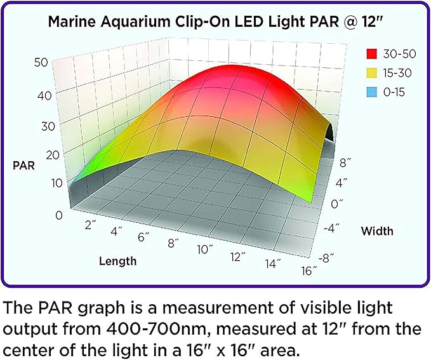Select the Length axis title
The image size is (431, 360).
tap(117, 261)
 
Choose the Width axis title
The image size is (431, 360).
tap(377, 230)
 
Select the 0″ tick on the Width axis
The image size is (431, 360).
tap(336, 203)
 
